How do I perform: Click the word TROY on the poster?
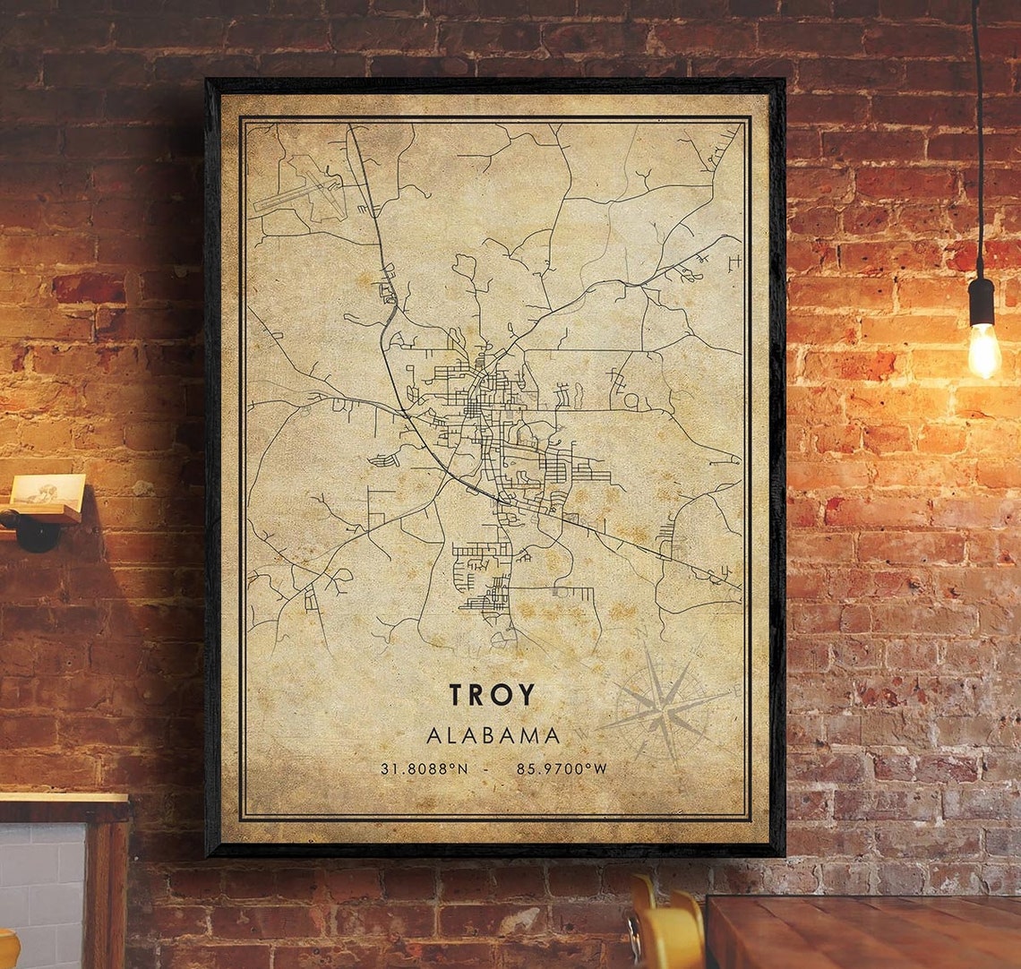click(492, 695)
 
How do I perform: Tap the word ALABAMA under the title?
click(493, 736)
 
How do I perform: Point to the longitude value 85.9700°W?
click(562, 768)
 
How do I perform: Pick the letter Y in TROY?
click(526, 695)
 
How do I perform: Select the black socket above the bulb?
click(982, 301)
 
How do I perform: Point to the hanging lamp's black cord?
click(977, 134)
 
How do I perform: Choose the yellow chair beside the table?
click(667, 931)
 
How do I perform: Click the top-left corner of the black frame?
click(208, 81)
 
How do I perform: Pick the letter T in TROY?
click(457, 695)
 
